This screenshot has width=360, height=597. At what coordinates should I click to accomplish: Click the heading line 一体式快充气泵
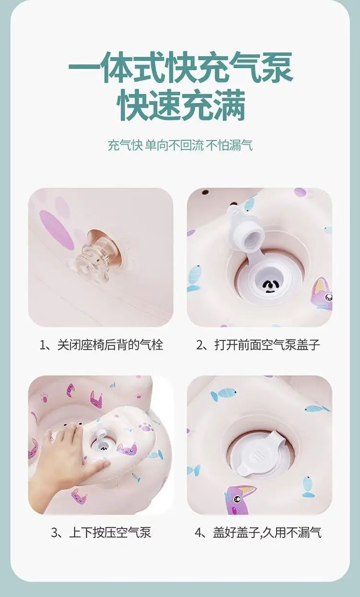tap(180, 67)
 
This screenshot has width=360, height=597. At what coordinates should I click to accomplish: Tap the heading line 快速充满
tap(181, 105)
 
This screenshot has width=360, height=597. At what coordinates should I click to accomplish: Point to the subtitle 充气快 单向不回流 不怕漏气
tap(180, 145)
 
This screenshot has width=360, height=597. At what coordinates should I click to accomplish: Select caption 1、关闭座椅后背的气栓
tap(101, 344)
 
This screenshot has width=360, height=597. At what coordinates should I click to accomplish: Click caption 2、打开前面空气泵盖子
tap(258, 344)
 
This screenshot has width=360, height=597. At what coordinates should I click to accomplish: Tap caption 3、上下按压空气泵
tap(101, 532)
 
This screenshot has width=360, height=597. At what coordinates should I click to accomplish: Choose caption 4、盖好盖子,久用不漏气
tap(258, 532)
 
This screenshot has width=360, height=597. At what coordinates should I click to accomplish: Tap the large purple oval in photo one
tap(57, 230)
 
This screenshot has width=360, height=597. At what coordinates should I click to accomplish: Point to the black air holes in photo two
tap(269, 286)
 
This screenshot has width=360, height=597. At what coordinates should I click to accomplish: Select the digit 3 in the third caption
tap(54, 533)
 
